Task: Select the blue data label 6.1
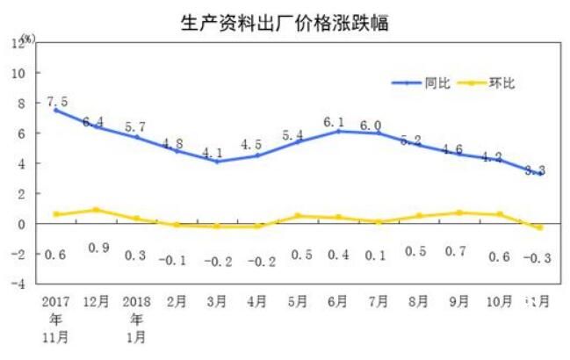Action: tap(339, 121)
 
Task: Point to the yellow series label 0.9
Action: tap(97, 248)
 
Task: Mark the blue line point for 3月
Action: tap(217, 162)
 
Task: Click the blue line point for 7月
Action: tap(379, 133)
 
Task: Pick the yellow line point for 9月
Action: tap(460, 212)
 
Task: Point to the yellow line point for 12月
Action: tap(97, 210)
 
